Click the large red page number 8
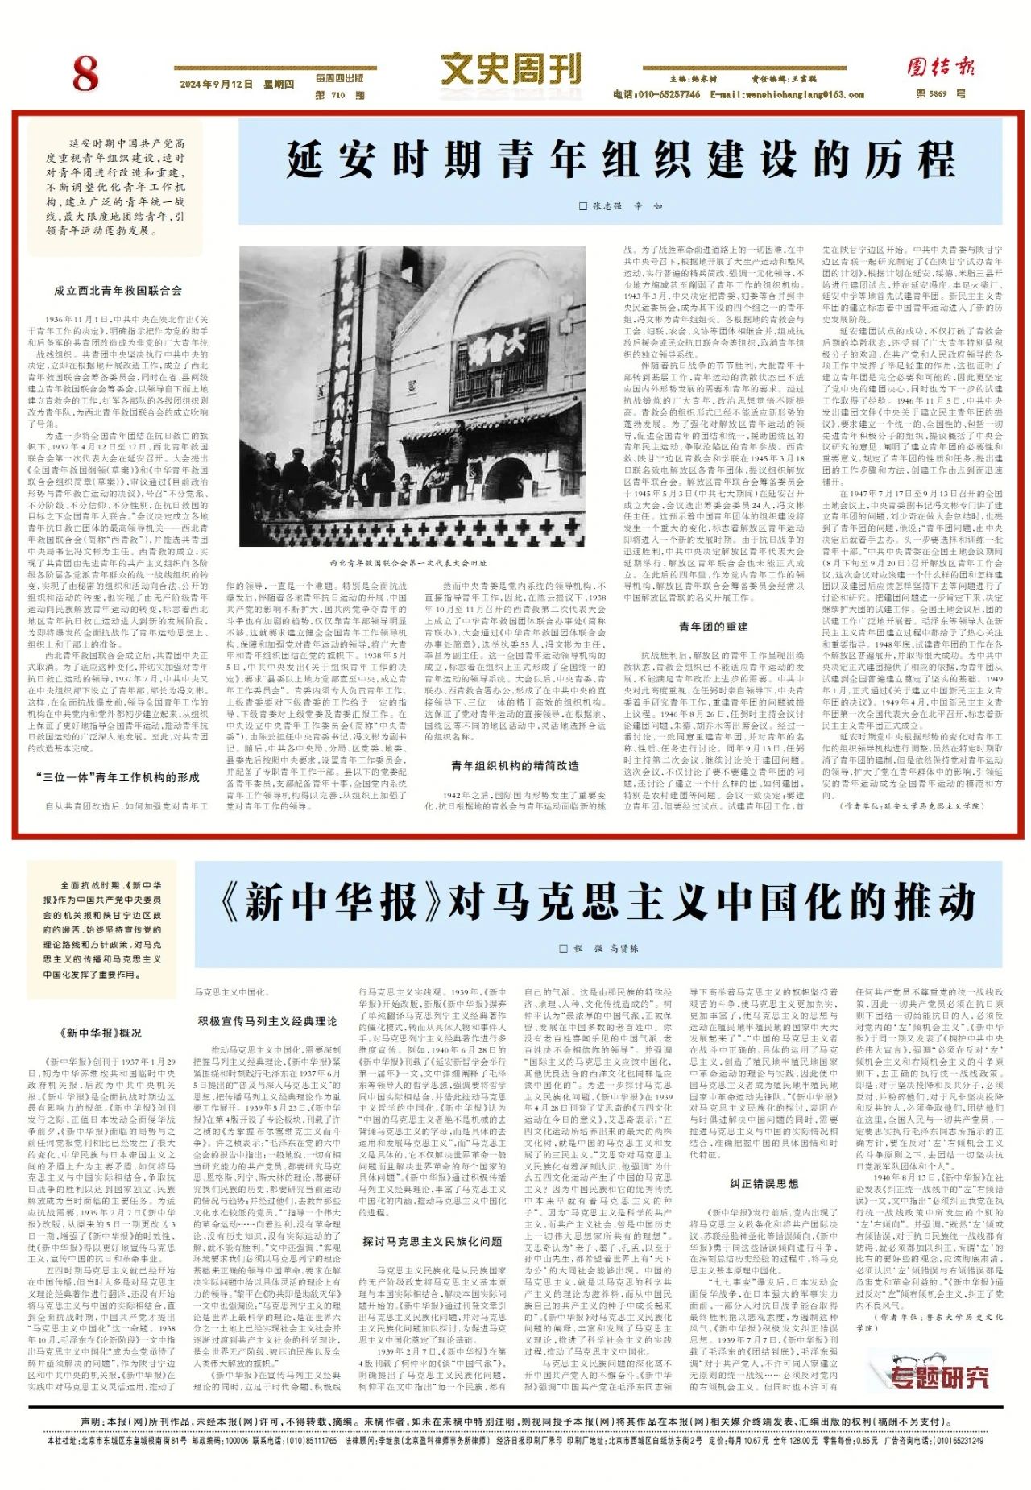point(85,74)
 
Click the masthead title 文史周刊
point(511,68)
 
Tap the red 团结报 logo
point(940,67)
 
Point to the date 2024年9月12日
point(216,85)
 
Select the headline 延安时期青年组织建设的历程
point(620,159)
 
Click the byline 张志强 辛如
point(621,206)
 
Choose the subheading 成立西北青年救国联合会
point(118,291)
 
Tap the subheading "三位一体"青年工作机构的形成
point(118,777)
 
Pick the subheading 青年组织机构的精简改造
point(515,765)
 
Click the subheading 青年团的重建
point(713,627)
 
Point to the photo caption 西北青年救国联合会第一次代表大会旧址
point(408,563)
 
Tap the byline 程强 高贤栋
point(598,948)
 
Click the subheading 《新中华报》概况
point(101,1033)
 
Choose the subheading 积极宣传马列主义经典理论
point(267,1021)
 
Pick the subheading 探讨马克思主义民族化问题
point(432,1241)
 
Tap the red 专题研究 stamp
point(939,1378)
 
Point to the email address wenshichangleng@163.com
point(787,95)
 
